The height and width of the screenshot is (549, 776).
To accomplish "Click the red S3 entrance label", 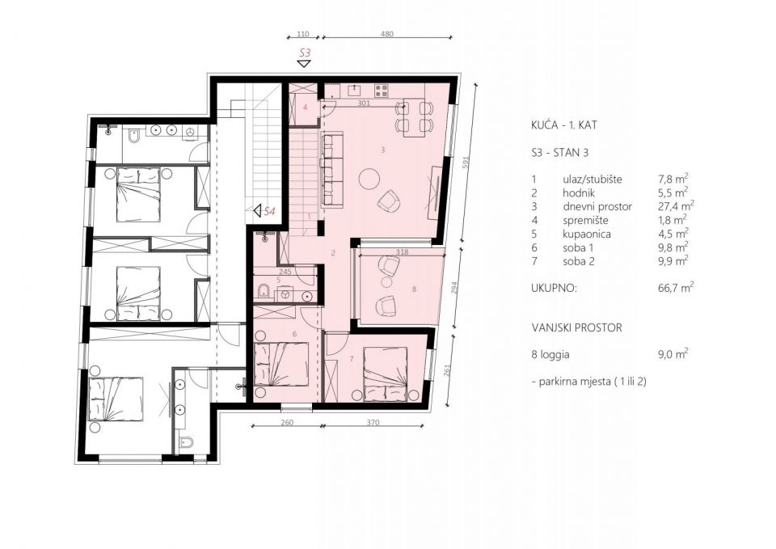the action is coord(306,52).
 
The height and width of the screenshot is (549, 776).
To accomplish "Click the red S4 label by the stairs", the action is coord(269,211).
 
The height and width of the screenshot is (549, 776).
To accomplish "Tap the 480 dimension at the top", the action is coord(387,34).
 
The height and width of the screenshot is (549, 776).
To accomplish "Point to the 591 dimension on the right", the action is coord(465,164).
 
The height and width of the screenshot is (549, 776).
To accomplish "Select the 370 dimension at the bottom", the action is coord(373,422).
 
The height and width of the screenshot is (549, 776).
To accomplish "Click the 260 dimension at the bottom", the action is coord(287,422).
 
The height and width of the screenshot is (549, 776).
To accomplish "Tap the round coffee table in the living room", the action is coord(369,179).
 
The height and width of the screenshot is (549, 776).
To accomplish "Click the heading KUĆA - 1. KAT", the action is coord(564,125).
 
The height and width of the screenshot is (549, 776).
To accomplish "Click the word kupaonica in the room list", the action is coord(587,234).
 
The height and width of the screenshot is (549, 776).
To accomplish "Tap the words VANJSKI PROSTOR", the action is coord(576,327).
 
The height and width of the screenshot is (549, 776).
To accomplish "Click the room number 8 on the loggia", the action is coord(414,289).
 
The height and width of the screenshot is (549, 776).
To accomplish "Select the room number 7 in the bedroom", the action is coord(352,359).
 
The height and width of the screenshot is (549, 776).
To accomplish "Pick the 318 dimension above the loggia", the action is coord(403,252).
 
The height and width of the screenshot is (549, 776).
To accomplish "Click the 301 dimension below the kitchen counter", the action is coord(364,103).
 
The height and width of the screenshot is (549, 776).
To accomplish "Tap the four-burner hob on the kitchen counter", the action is coord(382,90).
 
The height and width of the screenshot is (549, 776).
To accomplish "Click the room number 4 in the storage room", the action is coord(306,107).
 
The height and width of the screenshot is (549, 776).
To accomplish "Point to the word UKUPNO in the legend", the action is coord(554,288).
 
